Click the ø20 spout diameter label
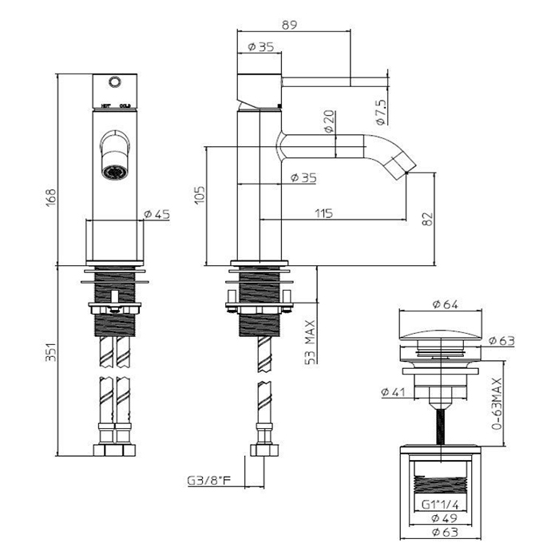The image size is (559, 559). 330,121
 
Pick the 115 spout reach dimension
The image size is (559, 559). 323,213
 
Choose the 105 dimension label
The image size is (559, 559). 200,194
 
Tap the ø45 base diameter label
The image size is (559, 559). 157,213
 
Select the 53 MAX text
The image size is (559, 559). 309,343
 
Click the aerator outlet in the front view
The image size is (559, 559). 113,169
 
